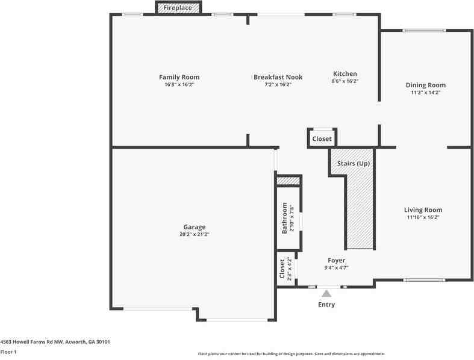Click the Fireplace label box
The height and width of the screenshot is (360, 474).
[179, 8]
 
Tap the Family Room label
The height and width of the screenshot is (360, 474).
[179, 77]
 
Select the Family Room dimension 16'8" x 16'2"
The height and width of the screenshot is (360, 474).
[179, 85]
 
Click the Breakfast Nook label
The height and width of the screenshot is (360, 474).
[278, 77]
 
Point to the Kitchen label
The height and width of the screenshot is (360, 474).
[345, 74]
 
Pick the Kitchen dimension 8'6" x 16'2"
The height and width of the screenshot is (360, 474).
[345, 81]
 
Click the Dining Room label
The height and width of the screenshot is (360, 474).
[425, 85]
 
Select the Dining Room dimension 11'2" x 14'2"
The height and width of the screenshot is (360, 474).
[425, 93]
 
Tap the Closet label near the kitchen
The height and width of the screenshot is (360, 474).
[322, 139]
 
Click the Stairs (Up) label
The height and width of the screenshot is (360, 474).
[354, 164]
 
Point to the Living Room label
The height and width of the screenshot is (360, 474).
[423, 210]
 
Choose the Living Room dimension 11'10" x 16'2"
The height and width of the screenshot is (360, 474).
[423, 217]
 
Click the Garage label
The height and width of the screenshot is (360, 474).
[195, 227]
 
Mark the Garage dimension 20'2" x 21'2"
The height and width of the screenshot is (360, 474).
[195, 235]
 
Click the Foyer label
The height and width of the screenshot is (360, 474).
[336, 260]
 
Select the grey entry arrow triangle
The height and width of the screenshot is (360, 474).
[326, 293]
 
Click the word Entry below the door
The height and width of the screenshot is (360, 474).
[326, 305]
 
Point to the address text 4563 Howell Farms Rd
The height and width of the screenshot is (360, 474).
[55, 341]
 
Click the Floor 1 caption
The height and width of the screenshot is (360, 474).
[8, 352]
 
